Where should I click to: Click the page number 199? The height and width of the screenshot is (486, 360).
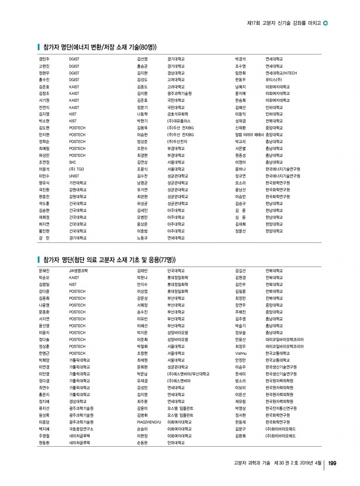pyautogui.click(x=331, y=465)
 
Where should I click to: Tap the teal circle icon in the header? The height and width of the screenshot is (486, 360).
pyautogui.click(x=325, y=23)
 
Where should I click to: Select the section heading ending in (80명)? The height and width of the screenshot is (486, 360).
pyautogui.click(x=99, y=46)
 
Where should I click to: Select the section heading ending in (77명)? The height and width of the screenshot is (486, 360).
pyautogui.click(x=106, y=258)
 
